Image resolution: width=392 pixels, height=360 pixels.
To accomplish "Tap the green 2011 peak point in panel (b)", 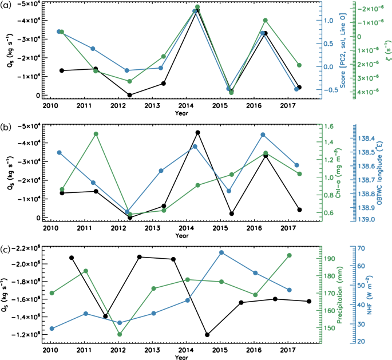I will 96,134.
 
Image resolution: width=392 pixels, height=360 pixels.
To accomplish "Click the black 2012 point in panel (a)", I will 130,95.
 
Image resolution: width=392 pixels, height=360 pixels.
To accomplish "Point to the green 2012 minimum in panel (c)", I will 120,334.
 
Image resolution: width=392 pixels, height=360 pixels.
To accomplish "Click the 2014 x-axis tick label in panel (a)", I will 186,106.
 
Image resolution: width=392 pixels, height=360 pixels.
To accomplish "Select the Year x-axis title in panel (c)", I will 181,357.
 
